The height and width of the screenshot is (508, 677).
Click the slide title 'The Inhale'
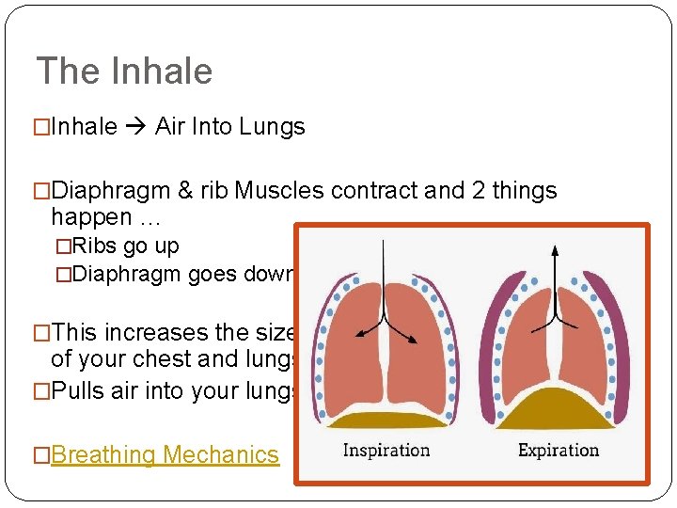[124, 71]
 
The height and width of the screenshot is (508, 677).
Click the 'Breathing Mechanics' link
[165, 455]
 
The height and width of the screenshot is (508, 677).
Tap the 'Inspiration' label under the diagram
[386, 450]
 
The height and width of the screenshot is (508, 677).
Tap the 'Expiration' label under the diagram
[559, 450]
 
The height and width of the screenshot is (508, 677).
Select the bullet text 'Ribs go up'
[125, 246]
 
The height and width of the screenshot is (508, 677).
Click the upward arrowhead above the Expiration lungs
[555, 250]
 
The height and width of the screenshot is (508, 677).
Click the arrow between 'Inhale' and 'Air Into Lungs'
[136, 127]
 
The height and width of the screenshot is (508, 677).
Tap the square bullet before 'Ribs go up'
[63, 247]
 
